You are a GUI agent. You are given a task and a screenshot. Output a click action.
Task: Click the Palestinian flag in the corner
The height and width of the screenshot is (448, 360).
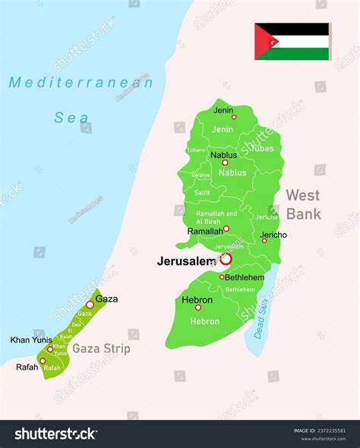pos(292,41)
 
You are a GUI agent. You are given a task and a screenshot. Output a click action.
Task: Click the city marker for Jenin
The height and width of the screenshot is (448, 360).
pos(234,117)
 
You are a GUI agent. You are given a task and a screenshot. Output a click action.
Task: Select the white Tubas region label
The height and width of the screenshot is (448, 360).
pos(262,148)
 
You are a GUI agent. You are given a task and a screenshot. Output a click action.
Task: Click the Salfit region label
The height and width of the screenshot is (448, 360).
pos(202,193)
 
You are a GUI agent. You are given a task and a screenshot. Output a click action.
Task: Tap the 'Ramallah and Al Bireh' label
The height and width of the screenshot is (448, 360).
pos(216,218)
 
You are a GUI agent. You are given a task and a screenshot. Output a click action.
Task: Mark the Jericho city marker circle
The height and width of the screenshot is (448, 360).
pos(264,240)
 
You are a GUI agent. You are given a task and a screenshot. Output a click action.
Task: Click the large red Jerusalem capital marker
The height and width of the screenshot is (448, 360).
pos(226,259)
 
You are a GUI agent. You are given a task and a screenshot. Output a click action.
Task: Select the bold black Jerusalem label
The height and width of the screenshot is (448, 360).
pos(187,261)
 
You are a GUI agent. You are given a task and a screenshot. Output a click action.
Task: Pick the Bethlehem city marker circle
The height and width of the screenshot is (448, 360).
pos(222,277)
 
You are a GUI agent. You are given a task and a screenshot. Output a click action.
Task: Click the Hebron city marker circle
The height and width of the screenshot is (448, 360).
pos(198,308)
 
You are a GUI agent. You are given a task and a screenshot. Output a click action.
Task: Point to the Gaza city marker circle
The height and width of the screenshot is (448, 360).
pos(90,304)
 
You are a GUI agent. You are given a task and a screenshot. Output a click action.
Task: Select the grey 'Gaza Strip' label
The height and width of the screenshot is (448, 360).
pos(101,349)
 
